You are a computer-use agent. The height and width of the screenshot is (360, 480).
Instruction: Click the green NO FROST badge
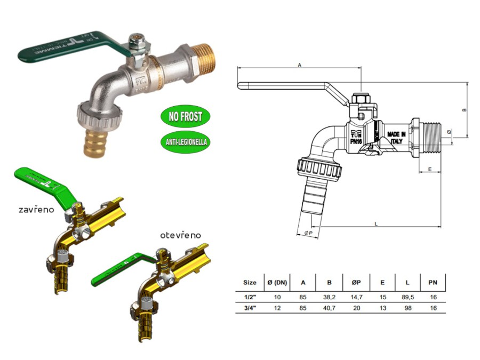pos(185,116)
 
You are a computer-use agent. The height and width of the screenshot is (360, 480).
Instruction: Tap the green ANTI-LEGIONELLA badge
pos(185,142)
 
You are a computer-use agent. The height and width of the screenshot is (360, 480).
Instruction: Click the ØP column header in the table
pos(356,283)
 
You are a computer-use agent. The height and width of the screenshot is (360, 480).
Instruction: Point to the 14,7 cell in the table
pos(356,297)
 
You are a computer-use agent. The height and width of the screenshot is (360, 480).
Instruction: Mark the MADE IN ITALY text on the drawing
pos(396,138)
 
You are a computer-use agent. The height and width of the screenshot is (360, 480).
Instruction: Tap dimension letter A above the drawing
pos(300,66)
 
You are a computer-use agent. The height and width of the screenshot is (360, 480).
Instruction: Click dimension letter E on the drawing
pos(430,170)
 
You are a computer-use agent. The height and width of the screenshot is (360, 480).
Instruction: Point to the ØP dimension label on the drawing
pos(308,233)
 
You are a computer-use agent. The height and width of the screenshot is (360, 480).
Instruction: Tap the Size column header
pos(250,283)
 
